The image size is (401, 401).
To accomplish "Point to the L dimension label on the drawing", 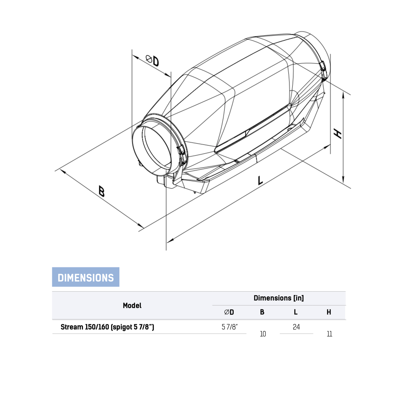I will [x=260, y=180].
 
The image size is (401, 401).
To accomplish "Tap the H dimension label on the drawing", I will [x=338, y=134].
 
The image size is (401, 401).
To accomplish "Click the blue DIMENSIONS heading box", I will [x=86, y=277].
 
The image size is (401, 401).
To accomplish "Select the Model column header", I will [x=132, y=306].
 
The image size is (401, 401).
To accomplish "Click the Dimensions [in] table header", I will [x=279, y=298].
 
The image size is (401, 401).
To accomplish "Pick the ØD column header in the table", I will [x=229, y=312].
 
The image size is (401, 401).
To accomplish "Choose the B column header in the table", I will [x=262, y=312].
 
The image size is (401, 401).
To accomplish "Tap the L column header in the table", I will [x=296, y=312].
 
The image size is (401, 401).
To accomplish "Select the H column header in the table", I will [x=329, y=312].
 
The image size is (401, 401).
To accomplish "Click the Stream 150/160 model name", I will [x=107, y=327].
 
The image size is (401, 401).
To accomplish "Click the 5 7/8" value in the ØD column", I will [x=230, y=327].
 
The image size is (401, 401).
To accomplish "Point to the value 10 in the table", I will [x=263, y=334].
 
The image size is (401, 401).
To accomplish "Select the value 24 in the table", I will [x=296, y=327].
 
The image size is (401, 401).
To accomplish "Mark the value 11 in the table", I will [x=329, y=334].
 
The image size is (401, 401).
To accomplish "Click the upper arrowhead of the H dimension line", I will [x=343, y=95].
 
